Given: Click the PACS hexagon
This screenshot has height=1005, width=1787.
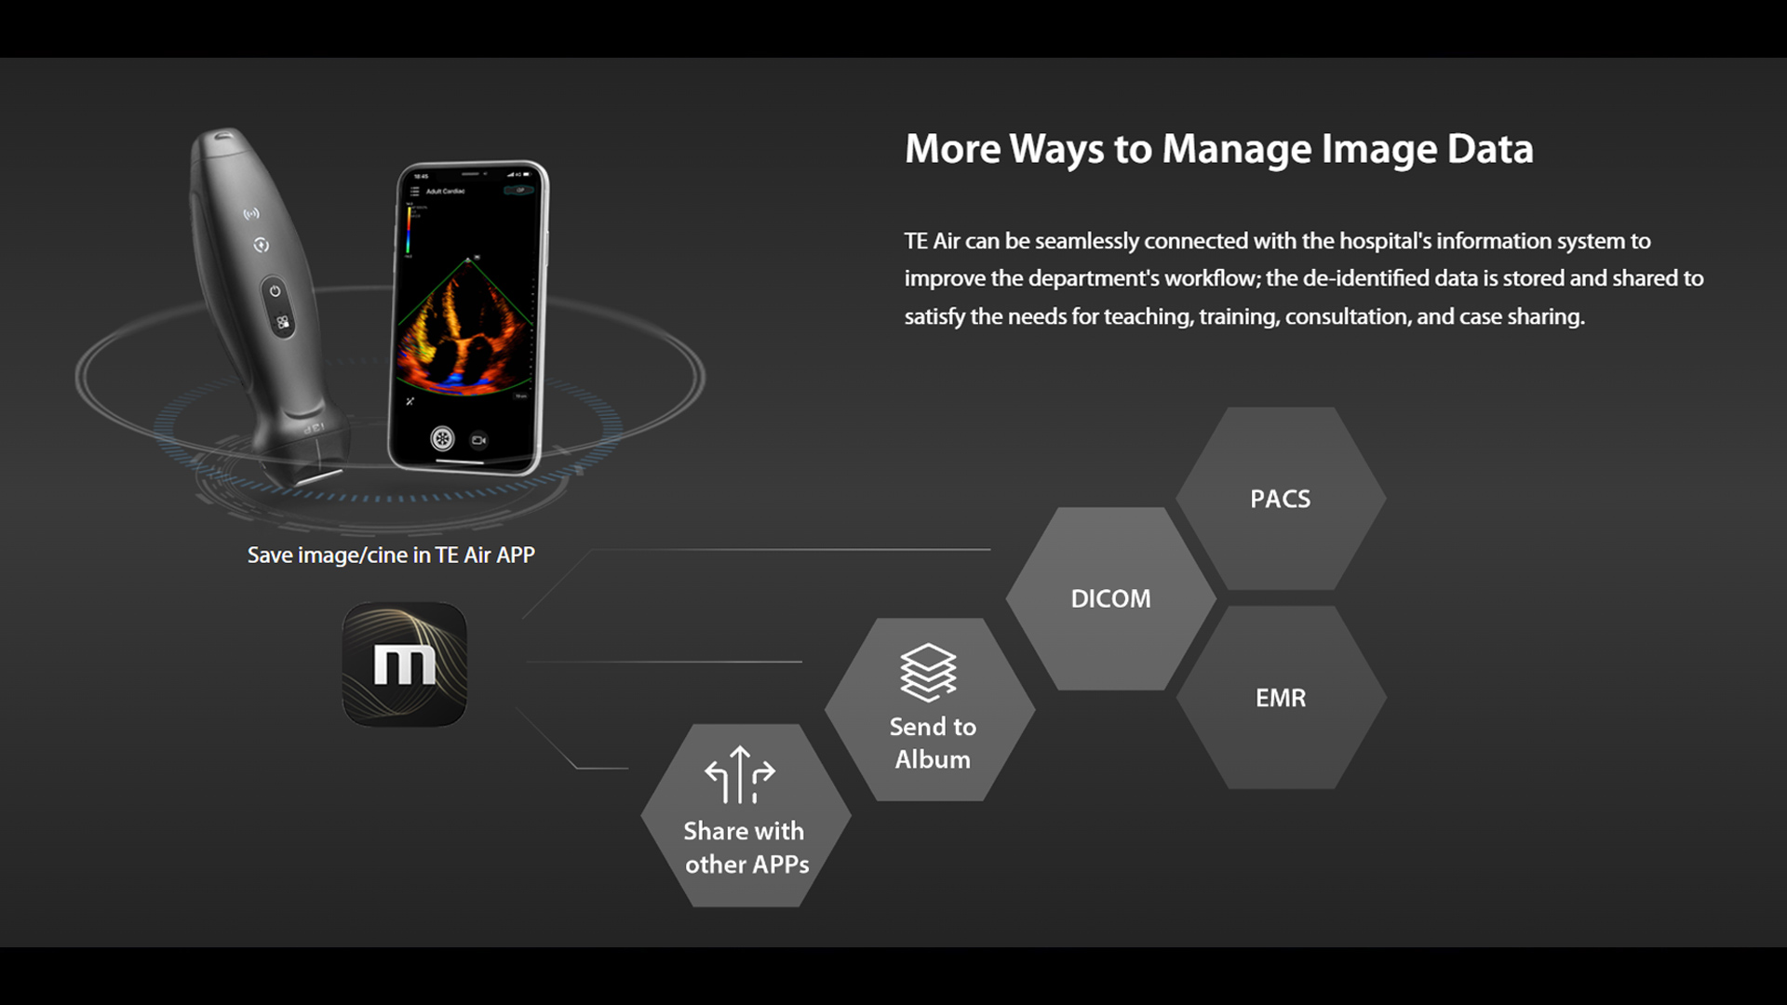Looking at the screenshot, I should (x=1281, y=499).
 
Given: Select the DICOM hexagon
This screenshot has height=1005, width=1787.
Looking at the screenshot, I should (x=1110, y=598).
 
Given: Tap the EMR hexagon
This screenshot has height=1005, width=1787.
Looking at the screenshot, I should (x=1281, y=698).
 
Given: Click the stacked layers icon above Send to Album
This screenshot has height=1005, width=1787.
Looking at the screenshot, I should (x=928, y=672).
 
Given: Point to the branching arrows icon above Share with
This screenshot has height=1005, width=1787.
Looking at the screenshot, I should (x=740, y=774).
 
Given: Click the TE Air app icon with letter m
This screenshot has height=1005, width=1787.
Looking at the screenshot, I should (x=405, y=664).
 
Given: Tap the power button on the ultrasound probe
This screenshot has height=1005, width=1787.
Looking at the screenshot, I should (x=275, y=291).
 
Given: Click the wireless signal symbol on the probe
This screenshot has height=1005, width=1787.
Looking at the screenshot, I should (x=251, y=214).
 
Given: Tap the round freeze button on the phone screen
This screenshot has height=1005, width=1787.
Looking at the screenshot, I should (x=442, y=438).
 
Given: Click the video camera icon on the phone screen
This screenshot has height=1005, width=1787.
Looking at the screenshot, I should (x=479, y=439).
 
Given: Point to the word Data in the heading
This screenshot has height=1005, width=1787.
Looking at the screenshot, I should (x=1490, y=150).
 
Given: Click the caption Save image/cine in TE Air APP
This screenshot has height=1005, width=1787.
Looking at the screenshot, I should (x=391, y=556).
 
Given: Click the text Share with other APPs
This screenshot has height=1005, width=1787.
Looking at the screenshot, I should (x=746, y=848).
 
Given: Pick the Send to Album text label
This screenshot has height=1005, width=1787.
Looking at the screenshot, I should (x=933, y=743).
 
